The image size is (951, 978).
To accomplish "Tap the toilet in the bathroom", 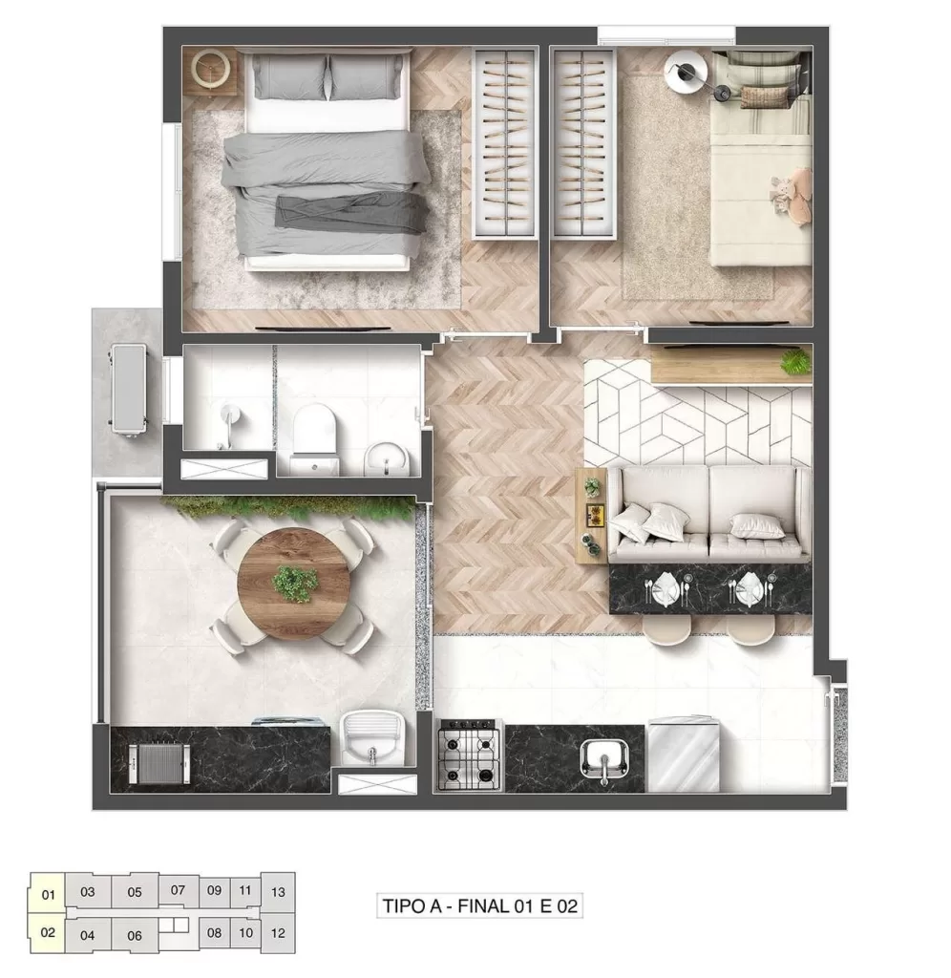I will click(x=314, y=435).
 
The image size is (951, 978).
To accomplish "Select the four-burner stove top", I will click(x=469, y=754).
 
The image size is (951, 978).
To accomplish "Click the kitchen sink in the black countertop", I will click(x=604, y=759).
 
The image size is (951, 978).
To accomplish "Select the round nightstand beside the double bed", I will click(x=209, y=68).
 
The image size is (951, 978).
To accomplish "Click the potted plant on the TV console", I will click(x=794, y=362).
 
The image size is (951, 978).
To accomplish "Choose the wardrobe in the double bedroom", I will click(x=506, y=143).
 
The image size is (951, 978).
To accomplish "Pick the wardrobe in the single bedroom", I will click(x=583, y=143).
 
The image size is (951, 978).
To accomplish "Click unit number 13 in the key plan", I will click(x=278, y=892).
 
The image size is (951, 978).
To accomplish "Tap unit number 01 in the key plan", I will click(x=48, y=895).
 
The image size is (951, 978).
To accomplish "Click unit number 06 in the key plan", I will click(x=135, y=935).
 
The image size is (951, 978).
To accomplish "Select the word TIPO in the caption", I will click(x=404, y=905).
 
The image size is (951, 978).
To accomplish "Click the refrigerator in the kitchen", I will click(x=683, y=755).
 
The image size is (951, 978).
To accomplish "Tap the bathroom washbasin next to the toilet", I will click(x=387, y=457).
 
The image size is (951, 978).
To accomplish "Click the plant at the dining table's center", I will click(x=295, y=583).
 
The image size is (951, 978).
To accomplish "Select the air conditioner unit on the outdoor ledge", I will click(x=127, y=389).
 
